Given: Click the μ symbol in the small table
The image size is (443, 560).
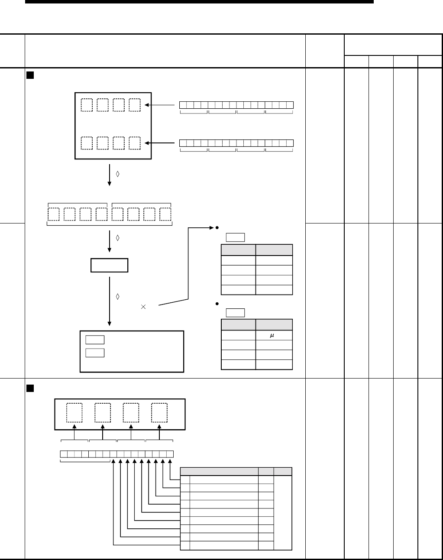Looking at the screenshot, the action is (273, 336).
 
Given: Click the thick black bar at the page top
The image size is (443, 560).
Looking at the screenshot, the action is (199, 2).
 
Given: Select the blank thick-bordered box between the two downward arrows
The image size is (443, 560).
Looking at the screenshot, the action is (109, 265).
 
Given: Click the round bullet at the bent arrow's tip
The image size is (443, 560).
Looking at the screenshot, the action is (216, 227).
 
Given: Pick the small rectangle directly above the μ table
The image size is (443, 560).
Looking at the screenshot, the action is (235, 313).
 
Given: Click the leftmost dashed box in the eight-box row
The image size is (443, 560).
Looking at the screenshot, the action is (54, 214).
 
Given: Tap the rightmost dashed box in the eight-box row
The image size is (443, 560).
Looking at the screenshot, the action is (165, 214).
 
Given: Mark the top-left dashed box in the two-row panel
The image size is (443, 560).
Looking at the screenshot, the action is (87, 105).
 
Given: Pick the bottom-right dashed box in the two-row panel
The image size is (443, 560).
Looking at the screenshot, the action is (135, 143).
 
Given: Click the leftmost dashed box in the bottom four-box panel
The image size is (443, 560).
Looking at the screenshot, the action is (74, 413).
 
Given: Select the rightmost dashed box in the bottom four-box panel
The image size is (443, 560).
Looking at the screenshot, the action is (159, 413).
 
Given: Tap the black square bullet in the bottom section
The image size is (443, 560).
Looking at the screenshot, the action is (30, 386).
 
